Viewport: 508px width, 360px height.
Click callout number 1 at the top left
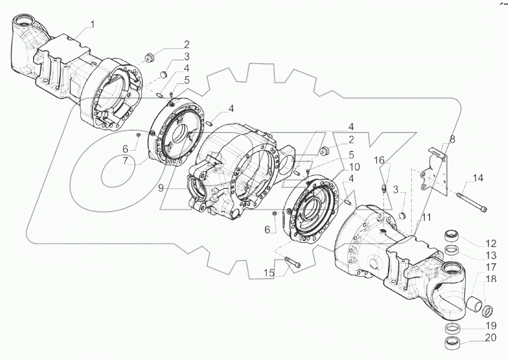[x=93, y=24]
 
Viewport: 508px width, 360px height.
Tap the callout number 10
[x=354, y=167]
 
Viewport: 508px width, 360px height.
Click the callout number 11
[x=426, y=217]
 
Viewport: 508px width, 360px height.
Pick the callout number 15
[x=269, y=273]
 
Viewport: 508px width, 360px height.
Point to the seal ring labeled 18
[x=487, y=311]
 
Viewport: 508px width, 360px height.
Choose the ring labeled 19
[x=453, y=328]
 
